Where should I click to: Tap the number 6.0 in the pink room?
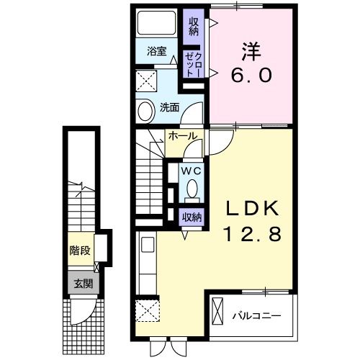251,74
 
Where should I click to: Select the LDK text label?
251,209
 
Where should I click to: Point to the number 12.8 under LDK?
251,233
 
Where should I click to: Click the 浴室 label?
156,52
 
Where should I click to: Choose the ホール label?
184,135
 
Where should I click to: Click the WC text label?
190,171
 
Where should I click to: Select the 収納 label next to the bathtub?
193,27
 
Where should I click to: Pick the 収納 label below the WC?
192,216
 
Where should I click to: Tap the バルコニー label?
256,315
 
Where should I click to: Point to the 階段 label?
79,251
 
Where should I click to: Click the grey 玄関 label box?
81,283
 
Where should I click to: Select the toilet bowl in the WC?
192,189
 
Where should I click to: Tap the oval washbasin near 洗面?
145,112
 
